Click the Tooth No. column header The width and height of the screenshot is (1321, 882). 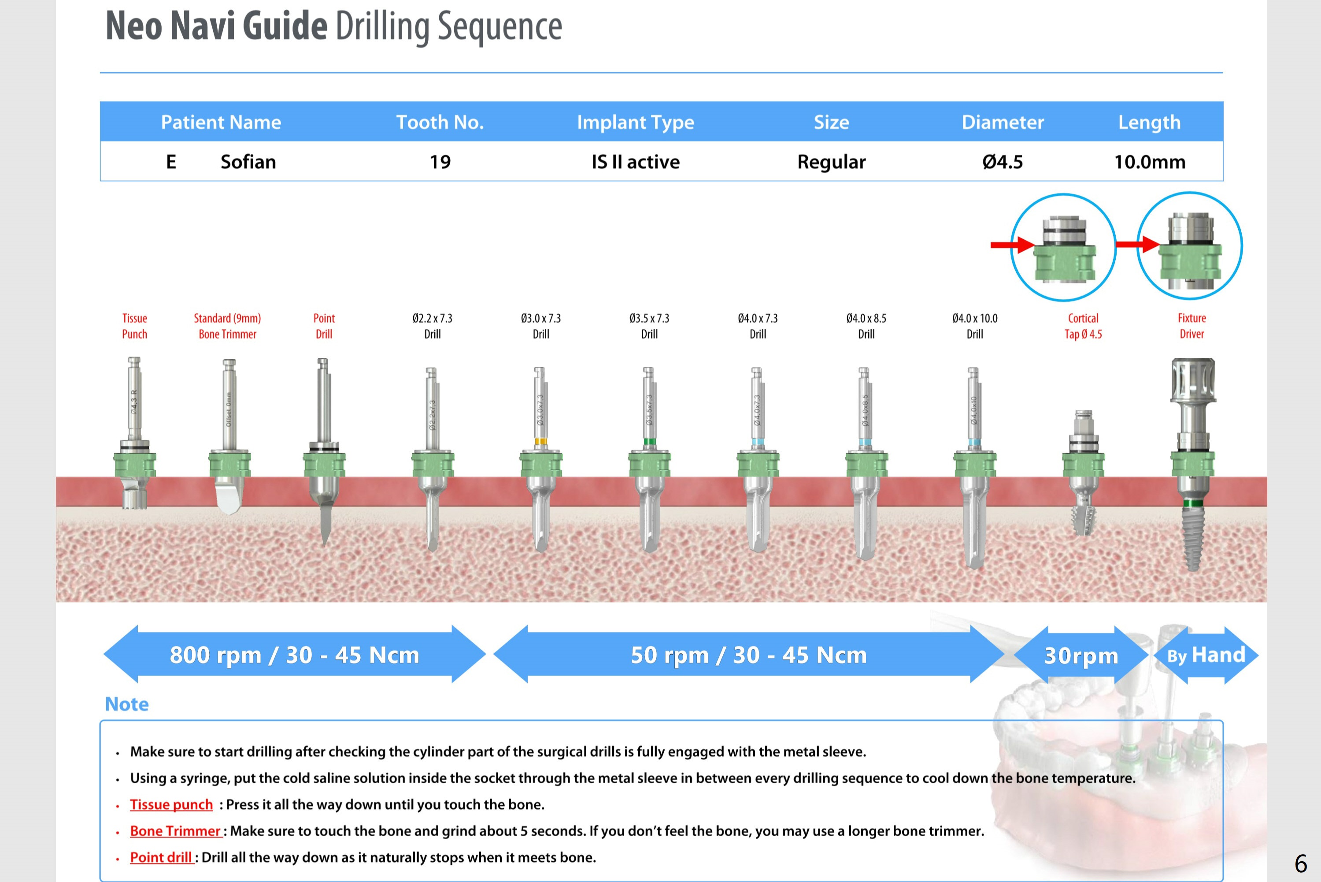[440, 122]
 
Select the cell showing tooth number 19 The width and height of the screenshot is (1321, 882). [440, 162]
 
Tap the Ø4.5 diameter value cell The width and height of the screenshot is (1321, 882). [1002, 162]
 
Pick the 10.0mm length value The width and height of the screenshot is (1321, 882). [1150, 162]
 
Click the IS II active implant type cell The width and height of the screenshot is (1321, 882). [635, 162]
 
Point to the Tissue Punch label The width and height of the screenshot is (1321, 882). [135, 326]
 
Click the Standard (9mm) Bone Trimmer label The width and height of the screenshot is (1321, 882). [228, 326]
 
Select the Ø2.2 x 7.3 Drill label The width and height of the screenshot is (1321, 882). [432, 326]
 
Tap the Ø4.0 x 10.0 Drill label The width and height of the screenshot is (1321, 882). [975, 326]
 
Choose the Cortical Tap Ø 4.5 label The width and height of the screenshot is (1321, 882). [1083, 326]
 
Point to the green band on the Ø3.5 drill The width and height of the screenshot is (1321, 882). [649, 442]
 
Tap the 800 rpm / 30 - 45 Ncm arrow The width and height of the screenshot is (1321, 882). [295, 655]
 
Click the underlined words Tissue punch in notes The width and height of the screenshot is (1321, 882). [171, 804]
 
